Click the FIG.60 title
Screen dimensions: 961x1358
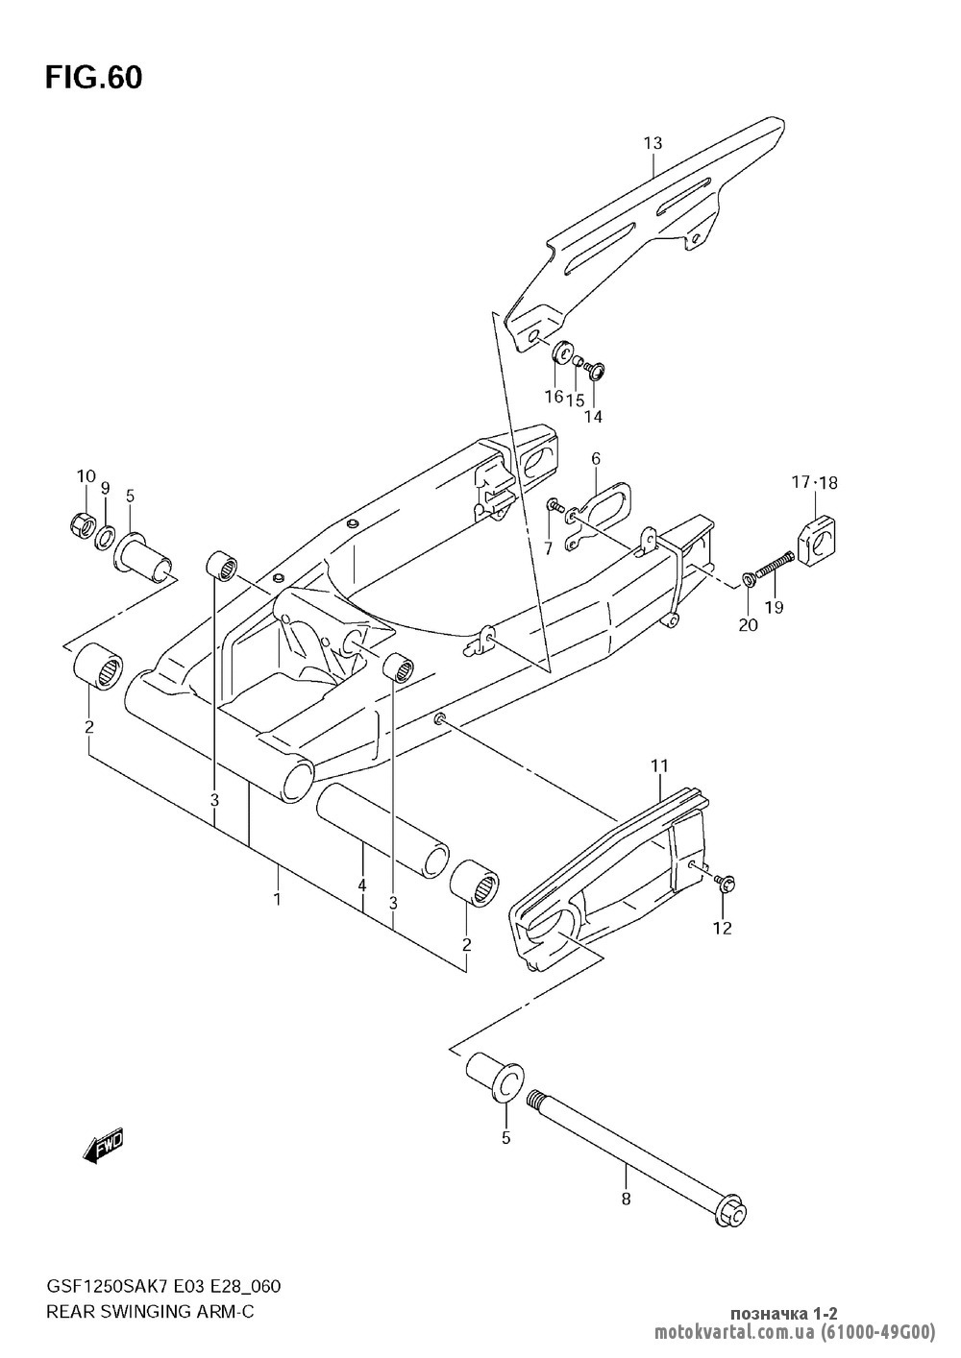pos(94,78)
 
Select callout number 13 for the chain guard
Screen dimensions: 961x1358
pos(653,143)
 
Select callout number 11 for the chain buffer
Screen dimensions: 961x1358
pos(659,766)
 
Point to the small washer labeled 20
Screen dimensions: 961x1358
pos(748,579)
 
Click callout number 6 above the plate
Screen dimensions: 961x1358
pos(596,459)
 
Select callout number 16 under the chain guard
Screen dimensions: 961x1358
pos(554,397)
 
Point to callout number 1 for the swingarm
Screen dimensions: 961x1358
pos(278,899)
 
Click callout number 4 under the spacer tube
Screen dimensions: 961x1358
pos(362,885)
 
